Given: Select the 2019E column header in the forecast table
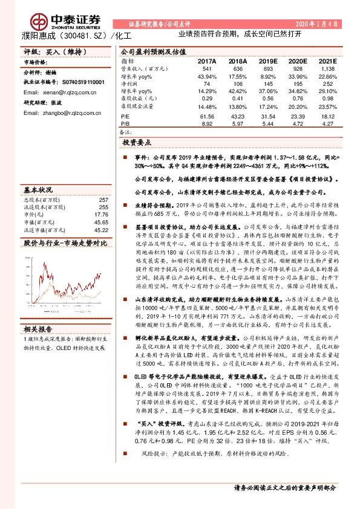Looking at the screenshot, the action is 268,61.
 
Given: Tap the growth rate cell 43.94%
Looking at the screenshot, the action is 207,77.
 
